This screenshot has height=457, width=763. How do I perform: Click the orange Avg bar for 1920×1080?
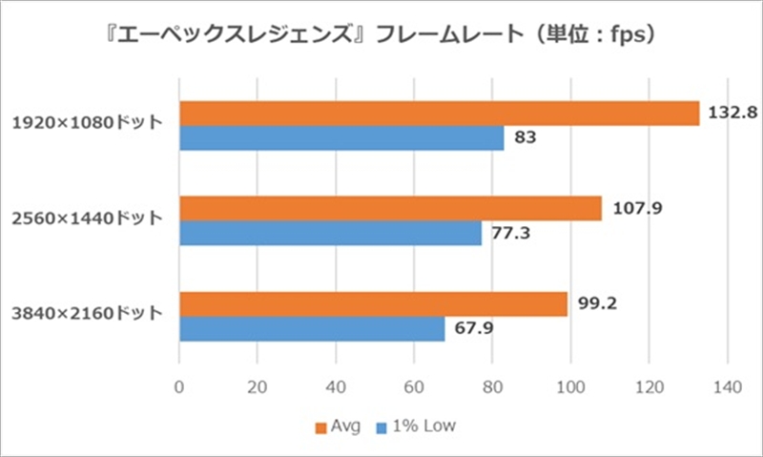(439, 114)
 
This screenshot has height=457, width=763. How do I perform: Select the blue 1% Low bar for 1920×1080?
(341, 138)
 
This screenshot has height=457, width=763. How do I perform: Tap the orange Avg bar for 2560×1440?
(390, 209)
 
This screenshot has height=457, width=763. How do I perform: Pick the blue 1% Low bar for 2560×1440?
(330, 234)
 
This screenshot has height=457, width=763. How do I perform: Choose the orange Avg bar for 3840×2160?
(373, 304)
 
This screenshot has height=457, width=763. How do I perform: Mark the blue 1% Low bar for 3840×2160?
(312, 329)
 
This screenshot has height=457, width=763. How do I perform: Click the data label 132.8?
(733, 113)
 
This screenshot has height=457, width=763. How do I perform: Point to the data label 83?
(525, 138)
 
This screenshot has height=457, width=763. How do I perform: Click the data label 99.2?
(596, 304)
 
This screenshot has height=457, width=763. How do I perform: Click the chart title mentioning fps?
(381, 37)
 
